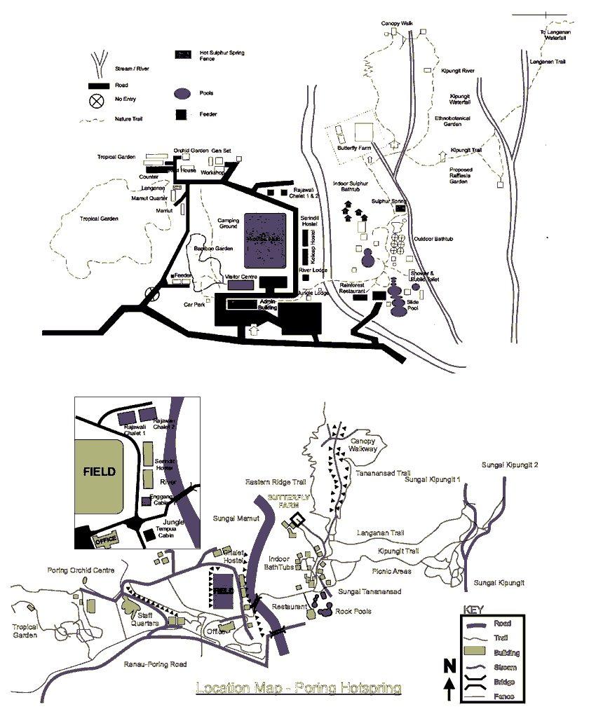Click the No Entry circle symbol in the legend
(x=97, y=101)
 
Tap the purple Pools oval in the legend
(x=182, y=93)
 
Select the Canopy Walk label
(x=397, y=23)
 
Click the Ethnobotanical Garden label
(x=452, y=121)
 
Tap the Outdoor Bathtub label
(x=433, y=239)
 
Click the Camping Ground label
(x=228, y=223)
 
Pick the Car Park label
(x=194, y=305)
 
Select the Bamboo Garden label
(x=213, y=248)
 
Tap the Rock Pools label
(x=353, y=611)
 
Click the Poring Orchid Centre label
(x=81, y=570)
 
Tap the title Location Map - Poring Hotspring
(x=299, y=688)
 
